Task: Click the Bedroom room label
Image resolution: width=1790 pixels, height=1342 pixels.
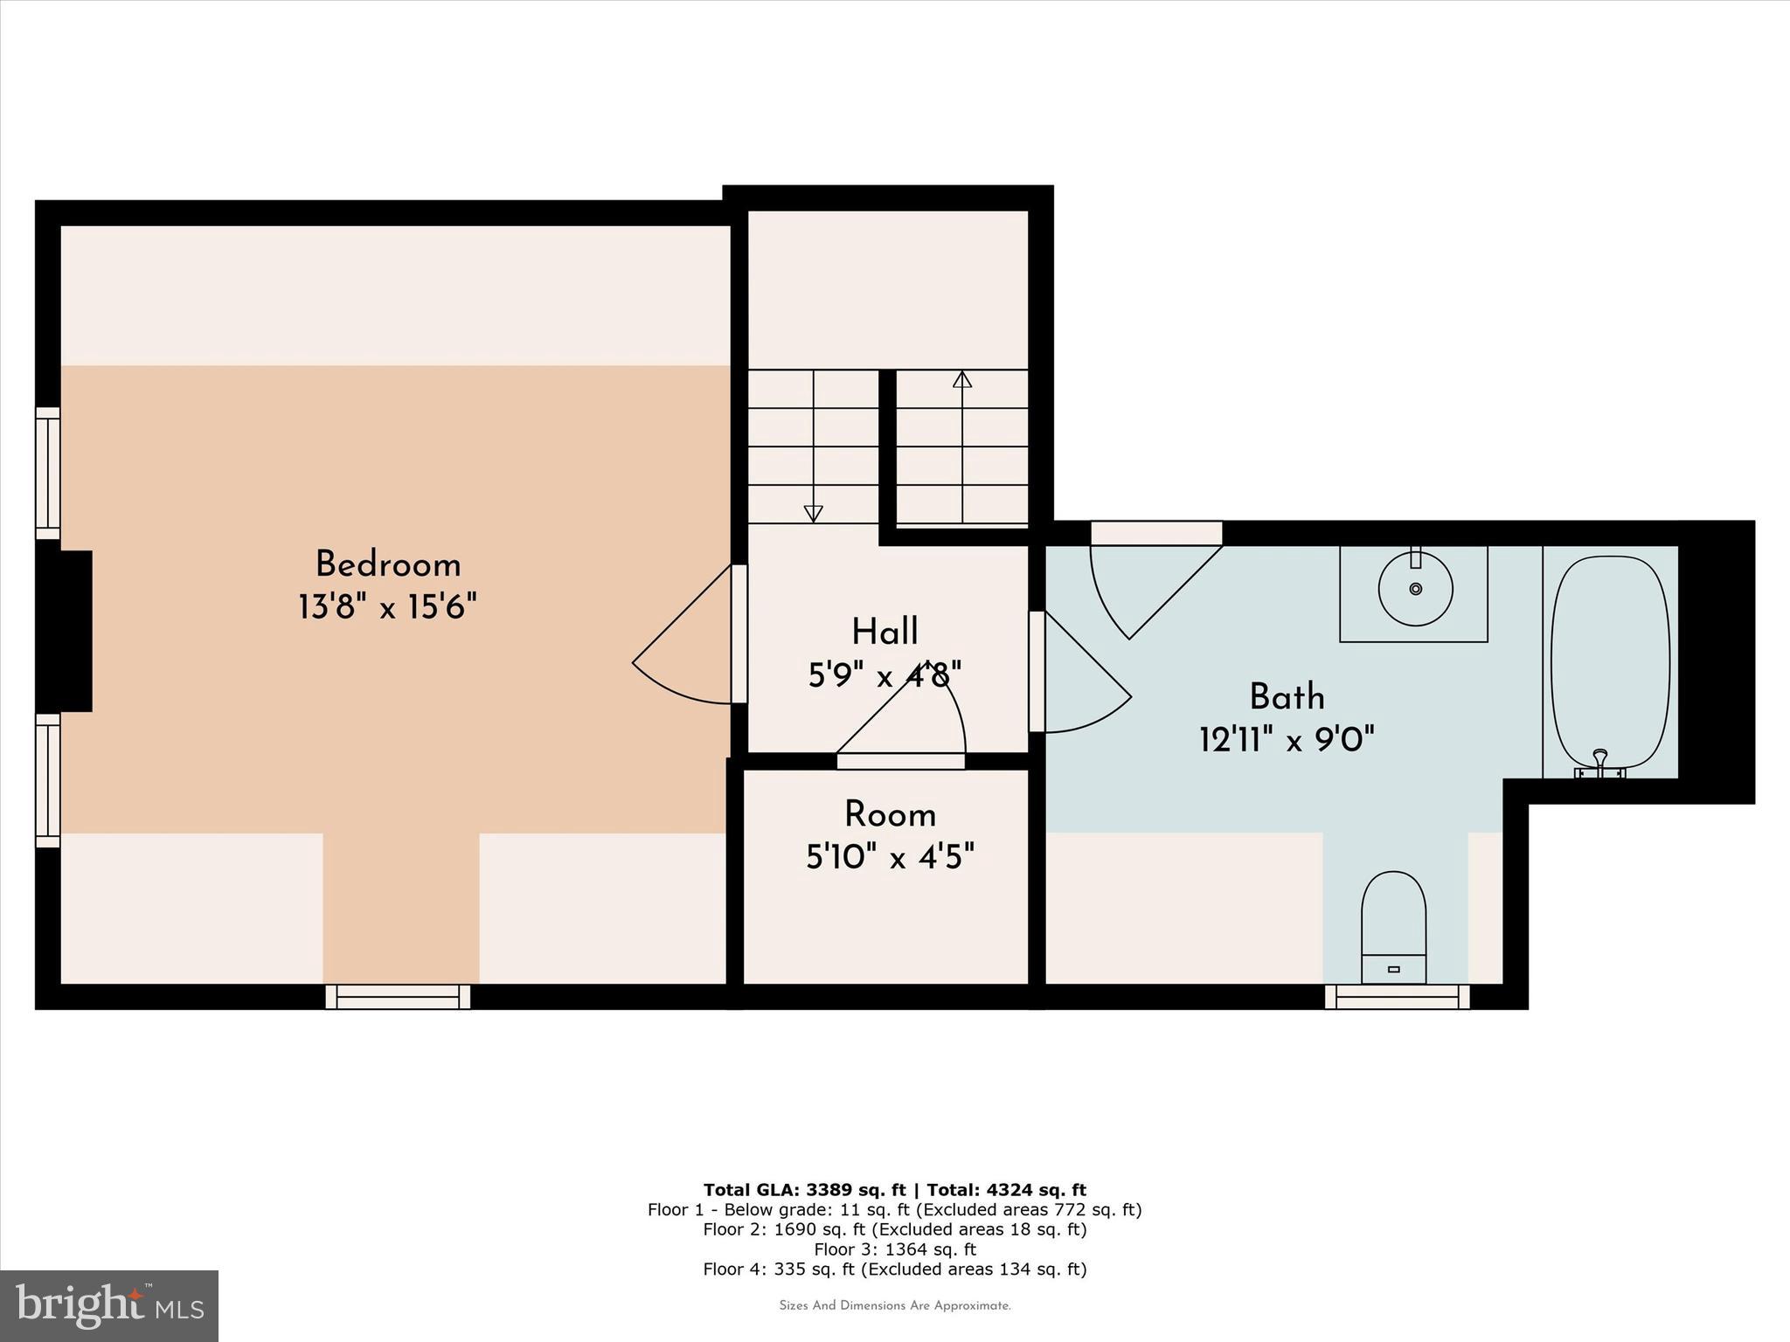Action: [387, 564]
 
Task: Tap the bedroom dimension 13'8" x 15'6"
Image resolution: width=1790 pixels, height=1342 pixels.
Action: [387, 606]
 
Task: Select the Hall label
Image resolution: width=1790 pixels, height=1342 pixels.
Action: [885, 632]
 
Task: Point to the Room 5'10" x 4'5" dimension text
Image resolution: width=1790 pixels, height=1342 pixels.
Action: [890, 857]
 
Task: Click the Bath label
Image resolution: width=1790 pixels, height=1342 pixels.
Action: [1287, 697]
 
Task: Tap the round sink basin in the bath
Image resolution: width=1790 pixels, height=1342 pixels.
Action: [1415, 589]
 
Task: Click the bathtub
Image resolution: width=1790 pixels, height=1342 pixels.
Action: [1610, 660]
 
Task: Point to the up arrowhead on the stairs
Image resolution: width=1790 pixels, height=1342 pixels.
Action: [962, 379]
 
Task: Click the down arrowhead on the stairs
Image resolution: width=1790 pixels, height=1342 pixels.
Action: [813, 514]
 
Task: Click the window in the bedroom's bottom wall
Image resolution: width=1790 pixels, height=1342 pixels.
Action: [398, 997]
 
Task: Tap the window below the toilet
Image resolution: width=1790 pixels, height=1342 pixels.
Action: [1397, 997]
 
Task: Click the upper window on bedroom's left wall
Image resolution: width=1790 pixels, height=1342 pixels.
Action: [48, 474]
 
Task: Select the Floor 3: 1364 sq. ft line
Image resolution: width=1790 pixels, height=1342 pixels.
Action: [894, 1249]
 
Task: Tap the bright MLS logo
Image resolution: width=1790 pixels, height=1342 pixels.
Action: [109, 1305]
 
